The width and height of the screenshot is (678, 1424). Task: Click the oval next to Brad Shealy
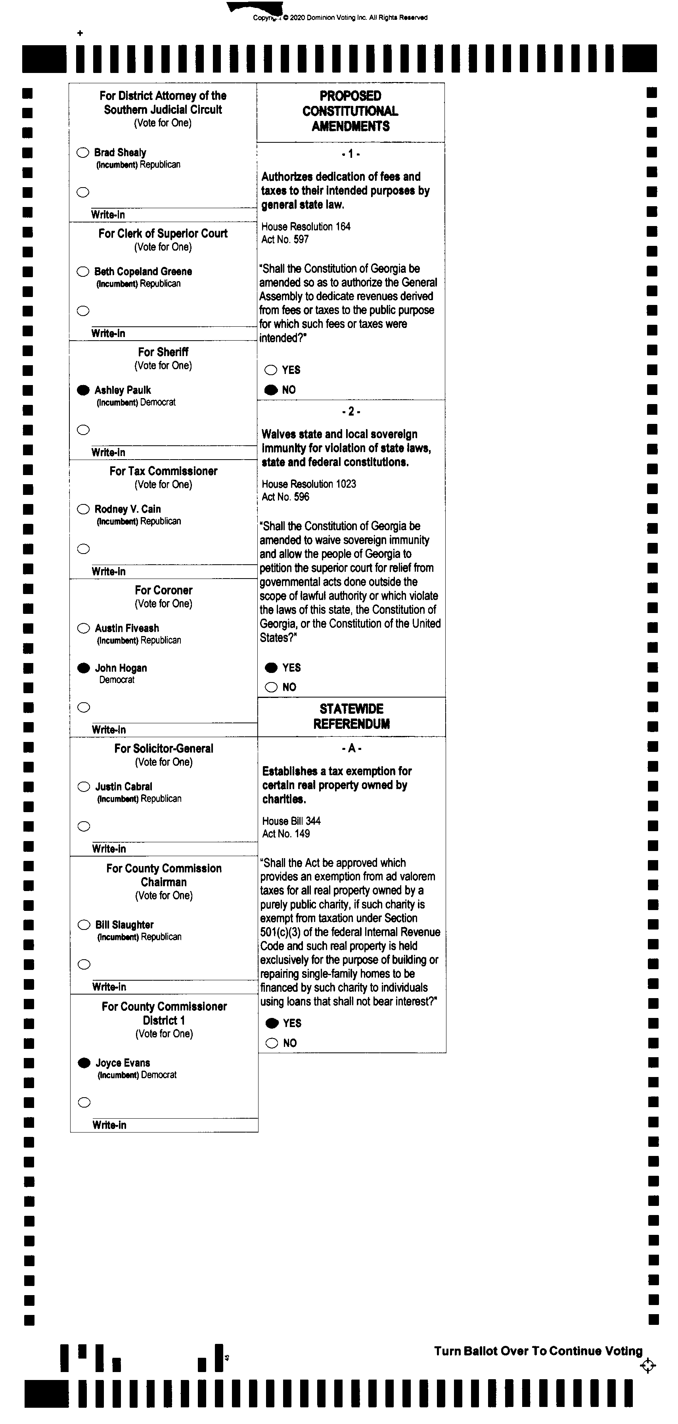[x=83, y=153]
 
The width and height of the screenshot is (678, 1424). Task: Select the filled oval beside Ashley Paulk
[x=83, y=390]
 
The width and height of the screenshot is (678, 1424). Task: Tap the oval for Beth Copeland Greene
[x=83, y=271]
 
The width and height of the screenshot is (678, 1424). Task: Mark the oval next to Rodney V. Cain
[x=83, y=509]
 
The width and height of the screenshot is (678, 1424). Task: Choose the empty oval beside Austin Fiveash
[x=83, y=628]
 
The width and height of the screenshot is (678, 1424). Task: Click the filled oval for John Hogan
[x=83, y=668]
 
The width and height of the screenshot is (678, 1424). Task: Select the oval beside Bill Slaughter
[x=84, y=925]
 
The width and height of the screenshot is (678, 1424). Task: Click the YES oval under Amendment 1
[x=271, y=370]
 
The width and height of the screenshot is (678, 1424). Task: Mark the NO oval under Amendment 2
[x=271, y=687]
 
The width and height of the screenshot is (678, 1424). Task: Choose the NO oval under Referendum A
[x=272, y=1043]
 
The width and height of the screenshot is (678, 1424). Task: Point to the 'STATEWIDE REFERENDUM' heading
[x=351, y=717]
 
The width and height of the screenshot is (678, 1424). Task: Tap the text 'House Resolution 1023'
[x=309, y=484]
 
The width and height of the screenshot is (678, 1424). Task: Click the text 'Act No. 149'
[x=286, y=834]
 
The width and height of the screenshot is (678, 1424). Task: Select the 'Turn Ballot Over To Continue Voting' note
[x=538, y=1351]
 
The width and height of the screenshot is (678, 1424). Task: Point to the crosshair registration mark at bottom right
[x=647, y=1366]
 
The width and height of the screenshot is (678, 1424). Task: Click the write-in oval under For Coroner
[x=84, y=707]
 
